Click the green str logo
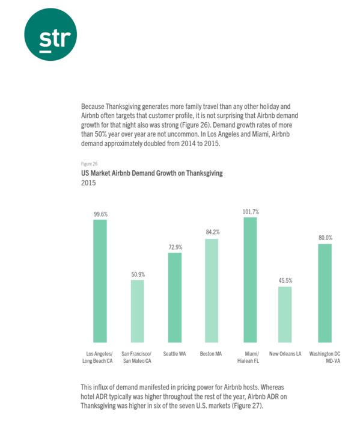pyautogui.click(x=50, y=34)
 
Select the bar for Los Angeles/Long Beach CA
pyautogui.click(x=100, y=281)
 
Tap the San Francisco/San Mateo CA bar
pyautogui.click(x=138, y=311)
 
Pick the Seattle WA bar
pyautogui.click(x=175, y=298)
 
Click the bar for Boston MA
pyautogui.click(x=212, y=291)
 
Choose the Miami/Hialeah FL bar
pyautogui.click(x=250, y=280)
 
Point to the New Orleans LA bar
pyautogui.click(x=285, y=315)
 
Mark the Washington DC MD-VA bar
pyautogui.click(x=325, y=293)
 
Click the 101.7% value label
pyautogui.click(x=251, y=212)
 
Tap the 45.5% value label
pyautogui.click(x=285, y=280)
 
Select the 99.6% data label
pyautogui.click(x=100, y=214)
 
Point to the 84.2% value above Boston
pyautogui.click(x=213, y=232)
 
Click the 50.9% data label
pyautogui.click(x=138, y=274)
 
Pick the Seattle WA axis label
pyautogui.click(x=174, y=354)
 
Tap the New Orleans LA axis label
pyautogui.click(x=285, y=354)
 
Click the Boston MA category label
pyautogui.click(x=211, y=354)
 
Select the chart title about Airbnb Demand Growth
pyautogui.click(x=151, y=173)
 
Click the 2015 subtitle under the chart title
pyautogui.click(x=88, y=183)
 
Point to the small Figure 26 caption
pyautogui.click(x=89, y=164)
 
